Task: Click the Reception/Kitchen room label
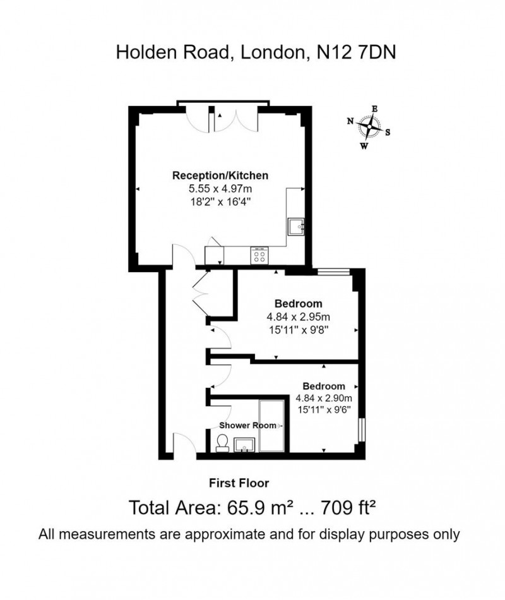click(222, 175)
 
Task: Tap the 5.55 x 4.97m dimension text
click(221, 189)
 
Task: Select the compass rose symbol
click(369, 128)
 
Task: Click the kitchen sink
click(296, 226)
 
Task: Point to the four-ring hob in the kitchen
click(259, 256)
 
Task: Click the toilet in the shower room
click(222, 443)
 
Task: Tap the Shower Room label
click(247, 426)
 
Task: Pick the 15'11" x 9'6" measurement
click(323, 410)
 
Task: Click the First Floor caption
click(239, 483)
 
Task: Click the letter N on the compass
click(350, 121)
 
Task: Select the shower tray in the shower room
click(272, 426)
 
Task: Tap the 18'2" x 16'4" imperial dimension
click(221, 201)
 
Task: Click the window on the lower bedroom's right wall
click(360, 429)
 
